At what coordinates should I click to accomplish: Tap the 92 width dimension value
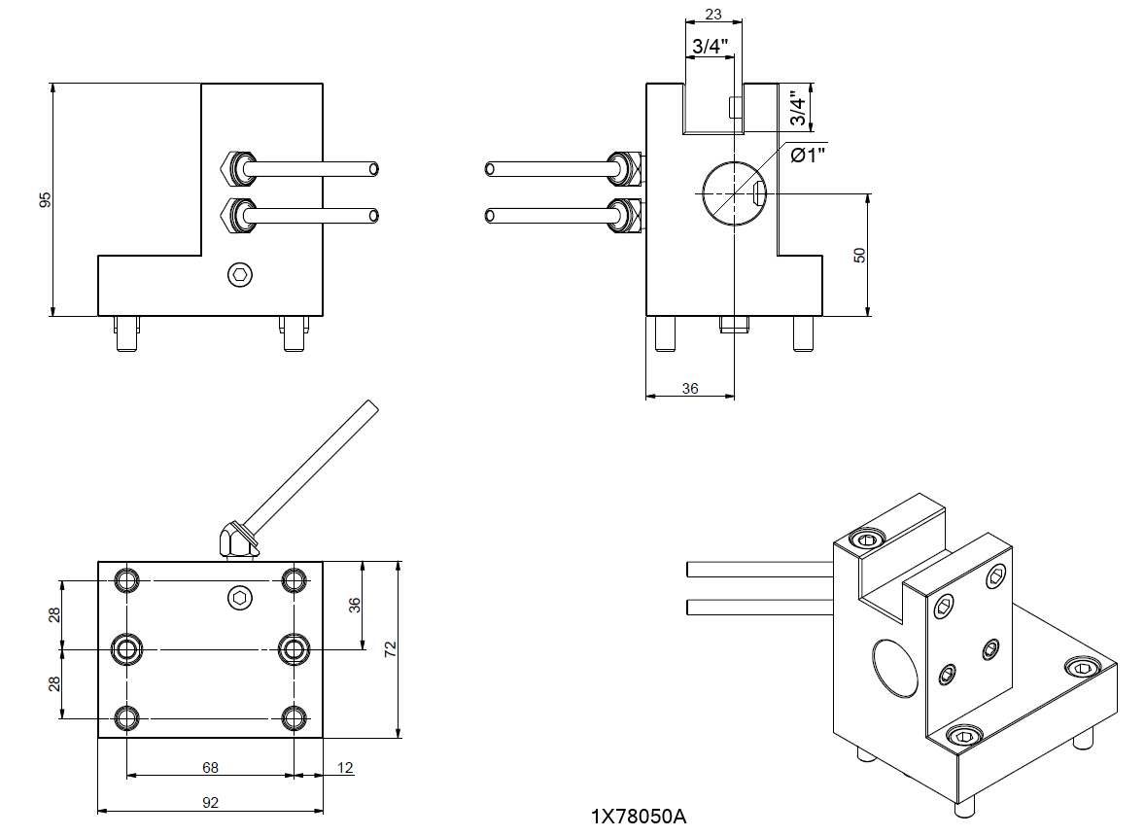pyautogui.click(x=210, y=803)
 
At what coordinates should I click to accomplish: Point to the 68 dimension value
pyautogui.click(x=210, y=767)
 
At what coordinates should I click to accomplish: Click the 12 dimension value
pyautogui.click(x=345, y=767)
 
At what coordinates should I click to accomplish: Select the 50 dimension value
pyautogui.click(x=859, y=255)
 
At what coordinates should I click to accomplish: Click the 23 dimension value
pyautogui.click(x=712, y=15)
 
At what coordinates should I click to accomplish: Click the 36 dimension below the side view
pyautogui.click(x=690, y=388)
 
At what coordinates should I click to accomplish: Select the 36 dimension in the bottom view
pyautogui.click(x=355, y=604)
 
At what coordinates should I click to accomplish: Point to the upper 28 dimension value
pyautogui.click(x=55, y=614)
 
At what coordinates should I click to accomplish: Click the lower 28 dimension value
pyautogui.click(x=55, y=683)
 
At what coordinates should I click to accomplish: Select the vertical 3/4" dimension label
pyautogui.click(x=798, y=108)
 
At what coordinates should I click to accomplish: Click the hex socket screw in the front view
pyautogui.click(x=240, y=276)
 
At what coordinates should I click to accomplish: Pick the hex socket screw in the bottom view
pyautogui.click(x=240, y=598)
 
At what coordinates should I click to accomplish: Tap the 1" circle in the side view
pyautogui.click(x=734, y=193)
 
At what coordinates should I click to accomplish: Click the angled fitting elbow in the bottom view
pyautogui.click(x=234, y=540)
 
